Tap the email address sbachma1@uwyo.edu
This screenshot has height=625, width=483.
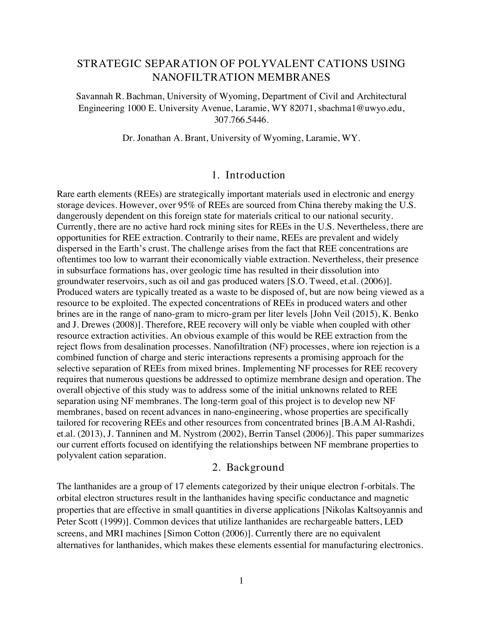pyautogui.click(x=360, y=109)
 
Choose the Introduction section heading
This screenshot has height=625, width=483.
pyautogui.click(x=255, y=175)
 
